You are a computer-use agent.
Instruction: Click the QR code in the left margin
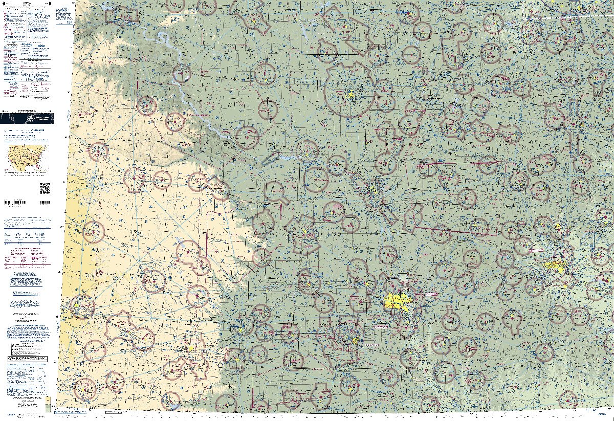point(45,188)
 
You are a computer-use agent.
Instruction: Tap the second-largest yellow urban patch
point(555,266)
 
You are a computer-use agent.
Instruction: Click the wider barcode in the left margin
point(15,203)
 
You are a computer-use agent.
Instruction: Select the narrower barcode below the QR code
point(45,203)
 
